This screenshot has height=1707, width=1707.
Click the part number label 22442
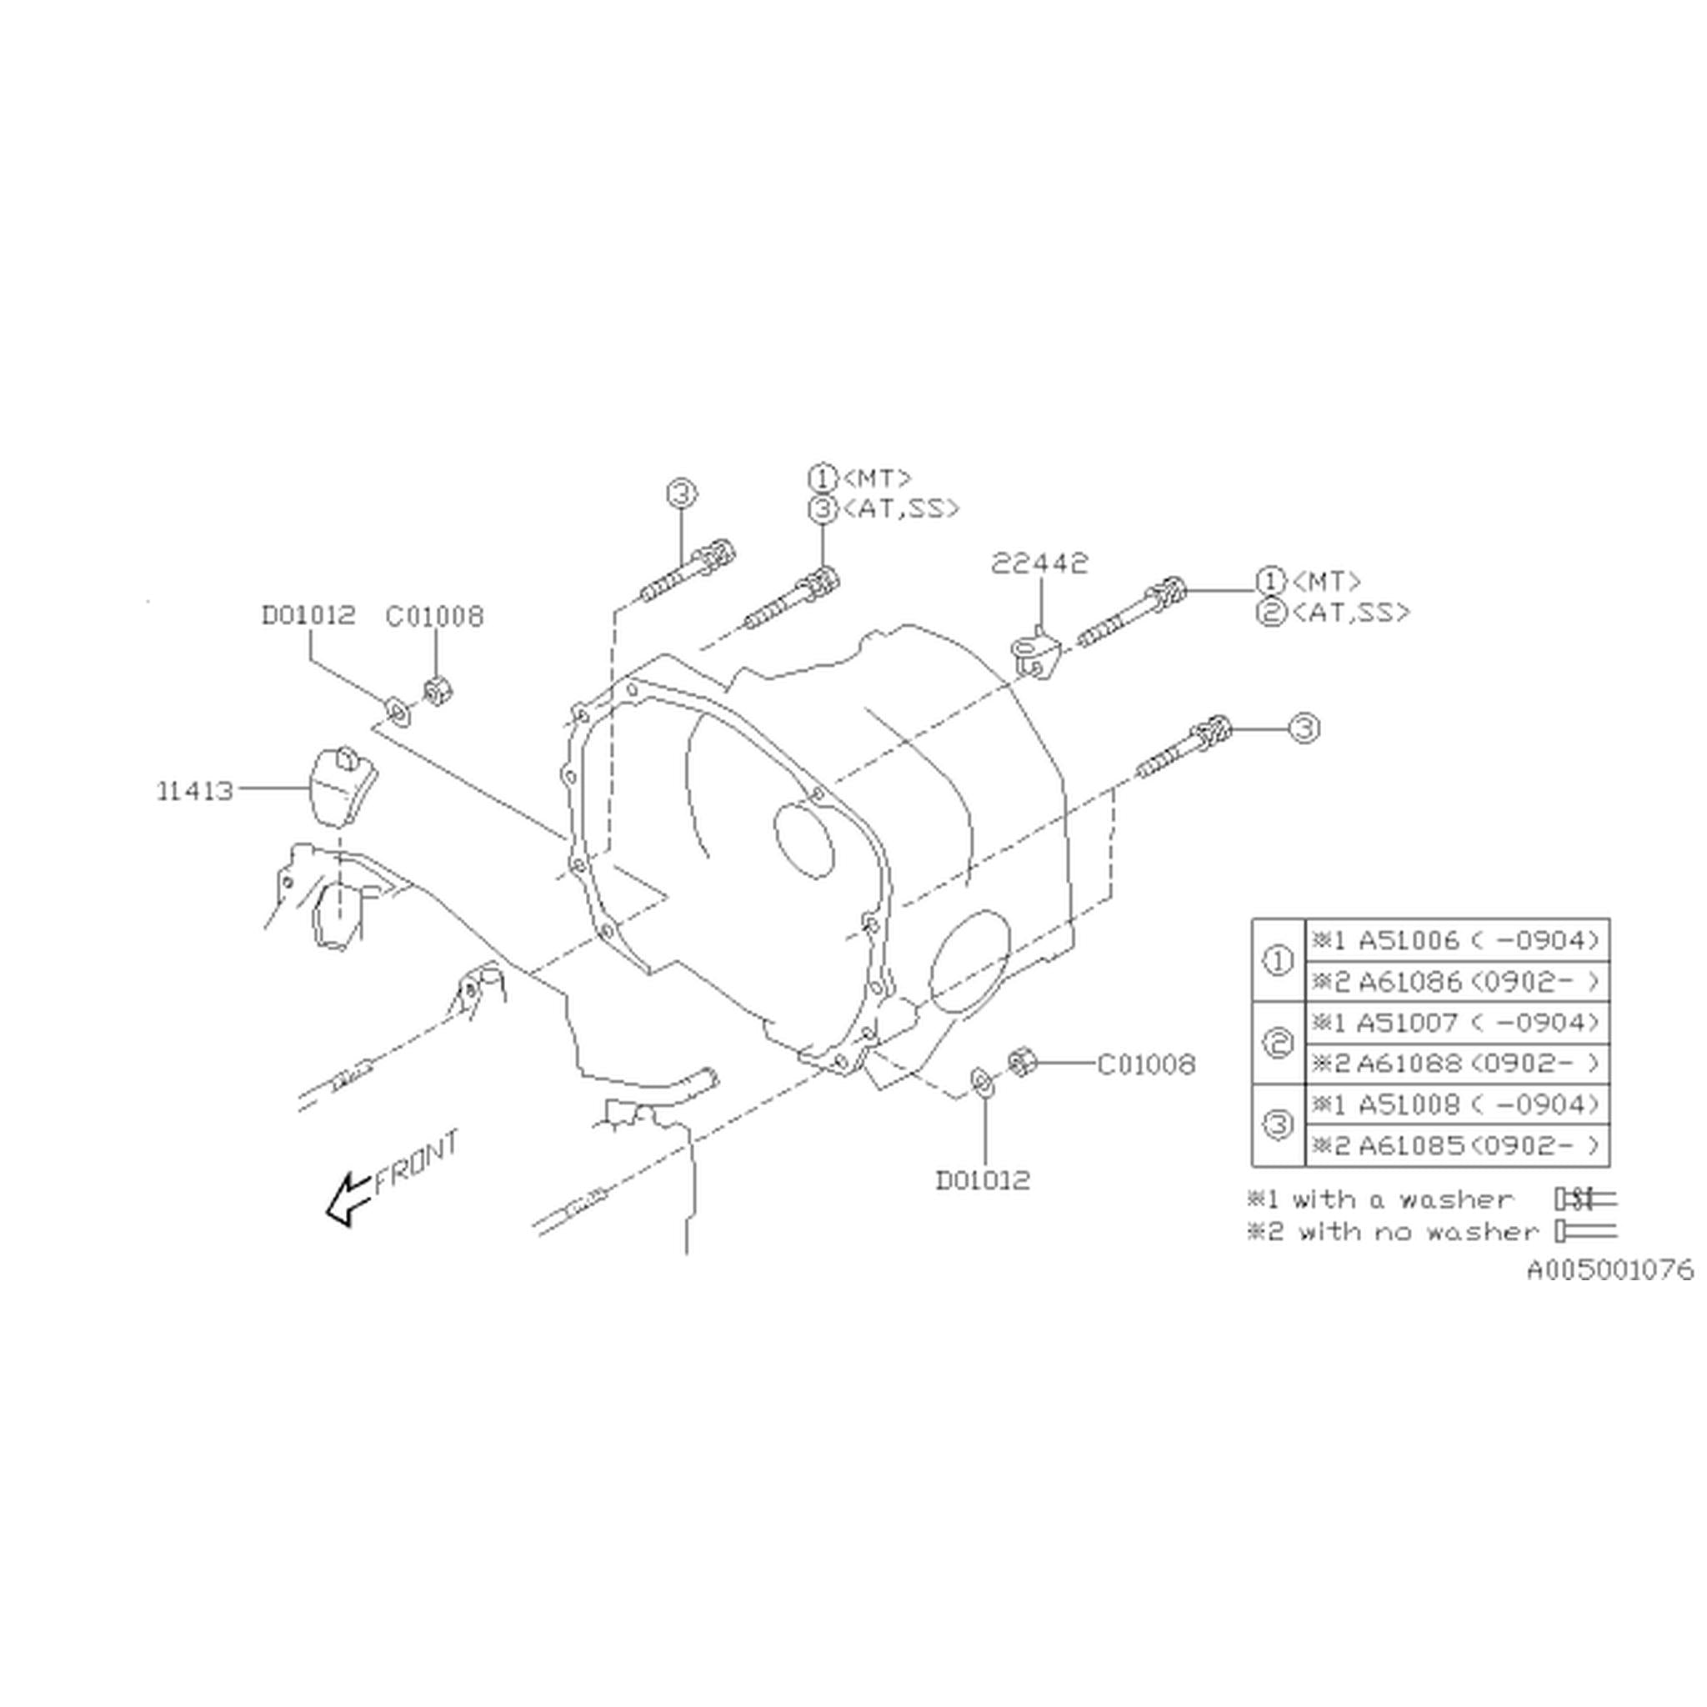pos(1039,563)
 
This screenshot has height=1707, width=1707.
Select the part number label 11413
pos(195,791)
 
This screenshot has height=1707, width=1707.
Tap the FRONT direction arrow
pos(348,1201)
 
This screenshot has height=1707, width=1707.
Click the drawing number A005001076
pos(1610,1270)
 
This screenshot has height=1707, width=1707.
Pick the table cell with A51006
pos(1456,940)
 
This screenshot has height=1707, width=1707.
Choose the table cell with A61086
pos(1456,981)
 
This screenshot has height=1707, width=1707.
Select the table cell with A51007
pos(1456,1022)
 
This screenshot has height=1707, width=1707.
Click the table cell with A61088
pos(1456,1063)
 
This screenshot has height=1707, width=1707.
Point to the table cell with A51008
pos(1456,1104)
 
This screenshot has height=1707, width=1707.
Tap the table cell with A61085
pos(1456,1145)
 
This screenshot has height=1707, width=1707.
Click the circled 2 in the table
pos(1278,1043)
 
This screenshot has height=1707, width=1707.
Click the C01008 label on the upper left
pos(435,616)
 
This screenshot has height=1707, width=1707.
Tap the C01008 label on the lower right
pos(1146,1064)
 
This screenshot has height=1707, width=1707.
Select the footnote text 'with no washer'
pos(1417,1232)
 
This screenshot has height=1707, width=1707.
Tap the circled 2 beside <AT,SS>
pos(1269,613)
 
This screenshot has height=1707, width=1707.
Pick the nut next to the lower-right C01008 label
pos(1021,1062)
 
